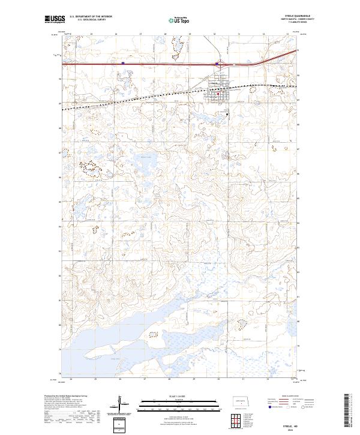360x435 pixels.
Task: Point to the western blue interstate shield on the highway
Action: (122, 61)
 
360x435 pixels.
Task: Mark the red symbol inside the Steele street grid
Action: (219, 92)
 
